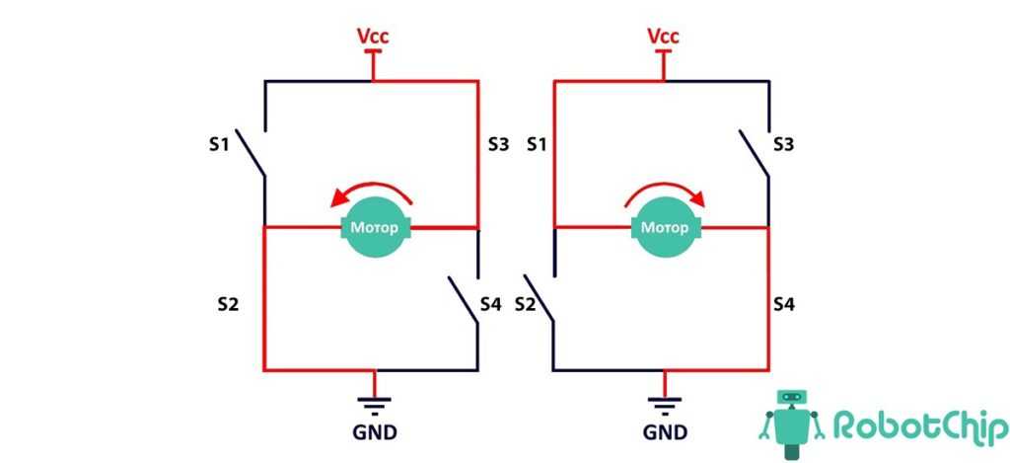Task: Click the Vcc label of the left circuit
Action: coord(373,38)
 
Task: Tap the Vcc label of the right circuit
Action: coord(664,38)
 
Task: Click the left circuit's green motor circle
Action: coord(374,227)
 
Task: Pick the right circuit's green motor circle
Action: coord(664,227)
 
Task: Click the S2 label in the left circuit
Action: coord(228,304)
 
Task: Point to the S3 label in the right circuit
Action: coord(784,145)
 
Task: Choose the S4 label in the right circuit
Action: coord(784,304)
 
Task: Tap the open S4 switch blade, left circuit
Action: coord(464,303)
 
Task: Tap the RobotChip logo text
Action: coord(917,425)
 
